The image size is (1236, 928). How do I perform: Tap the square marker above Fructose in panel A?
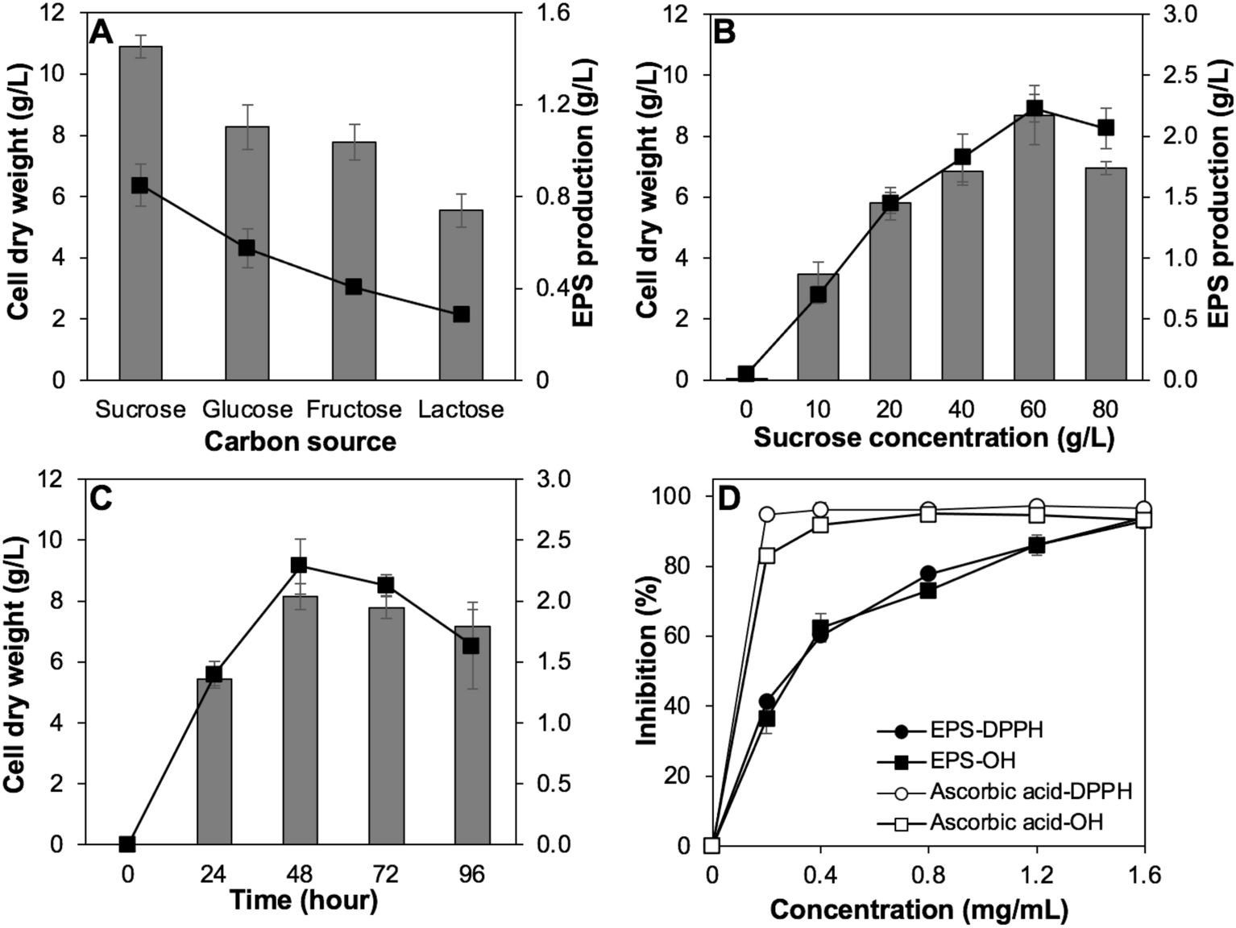click(354, 287)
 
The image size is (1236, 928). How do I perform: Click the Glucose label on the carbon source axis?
click(247, 409)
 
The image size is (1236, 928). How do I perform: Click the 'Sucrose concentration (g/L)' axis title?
click(934, 439)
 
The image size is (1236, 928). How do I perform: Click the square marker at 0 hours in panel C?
click(127, 844)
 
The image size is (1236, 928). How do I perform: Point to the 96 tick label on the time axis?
click(471, 873)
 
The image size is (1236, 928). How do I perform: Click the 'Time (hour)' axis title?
click(303, 901)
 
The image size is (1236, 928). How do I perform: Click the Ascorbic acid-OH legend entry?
click(1015, 822)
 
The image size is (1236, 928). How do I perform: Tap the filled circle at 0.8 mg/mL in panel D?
click(928, 574)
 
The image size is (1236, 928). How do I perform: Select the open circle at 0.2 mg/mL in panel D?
click(767, 514)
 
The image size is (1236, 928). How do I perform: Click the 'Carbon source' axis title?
click(300, 441)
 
